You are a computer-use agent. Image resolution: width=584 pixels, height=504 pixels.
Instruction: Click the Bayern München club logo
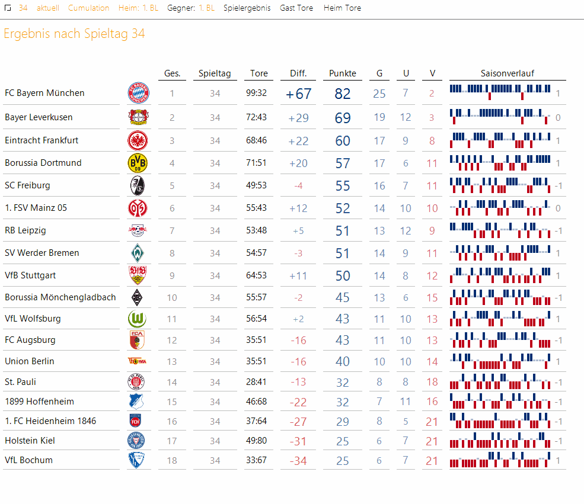[x=138, y=94]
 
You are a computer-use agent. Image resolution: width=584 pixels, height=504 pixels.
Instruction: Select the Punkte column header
[x=343, y=73]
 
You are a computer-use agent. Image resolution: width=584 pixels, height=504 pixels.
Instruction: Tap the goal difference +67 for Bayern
[x=298, y=94]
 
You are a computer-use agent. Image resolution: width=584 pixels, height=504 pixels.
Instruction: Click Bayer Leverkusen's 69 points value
[x=343, y=118]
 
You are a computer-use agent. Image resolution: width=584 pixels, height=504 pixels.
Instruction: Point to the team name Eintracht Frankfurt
[x=42, y=140]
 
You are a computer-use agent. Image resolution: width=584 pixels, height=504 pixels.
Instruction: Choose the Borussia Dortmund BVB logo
[x=138, y=163]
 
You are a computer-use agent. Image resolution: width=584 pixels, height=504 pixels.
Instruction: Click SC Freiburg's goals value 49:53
[x=256, y=185]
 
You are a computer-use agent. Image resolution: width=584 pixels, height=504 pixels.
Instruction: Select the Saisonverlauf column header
[x=507, y=73]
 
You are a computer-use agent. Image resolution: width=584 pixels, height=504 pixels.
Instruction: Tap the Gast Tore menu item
[x=296, y=8]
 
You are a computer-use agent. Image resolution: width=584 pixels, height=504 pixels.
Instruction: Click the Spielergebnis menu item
[x=247, y=8]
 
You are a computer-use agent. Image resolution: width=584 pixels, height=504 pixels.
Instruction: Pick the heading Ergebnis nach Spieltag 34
[x=74, y=34]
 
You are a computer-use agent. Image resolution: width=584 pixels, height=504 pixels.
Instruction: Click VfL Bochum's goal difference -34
[x=298, y=461]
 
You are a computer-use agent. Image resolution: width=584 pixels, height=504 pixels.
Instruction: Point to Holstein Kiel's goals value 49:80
[x=256, y=441]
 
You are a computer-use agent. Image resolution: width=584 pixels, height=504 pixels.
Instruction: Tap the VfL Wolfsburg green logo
[x=138, y=319]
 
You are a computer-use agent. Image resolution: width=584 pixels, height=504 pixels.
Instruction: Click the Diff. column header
[x=298, y=73]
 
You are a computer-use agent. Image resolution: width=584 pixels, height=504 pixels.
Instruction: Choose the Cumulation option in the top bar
[x=88, y=8]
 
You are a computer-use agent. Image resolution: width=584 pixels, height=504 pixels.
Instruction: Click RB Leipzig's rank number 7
[x=172, y=230]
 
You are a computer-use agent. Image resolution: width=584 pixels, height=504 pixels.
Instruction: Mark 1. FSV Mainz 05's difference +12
[x=298, y=208]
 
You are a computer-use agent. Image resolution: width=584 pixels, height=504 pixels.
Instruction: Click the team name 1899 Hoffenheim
[x=39, y=402]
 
